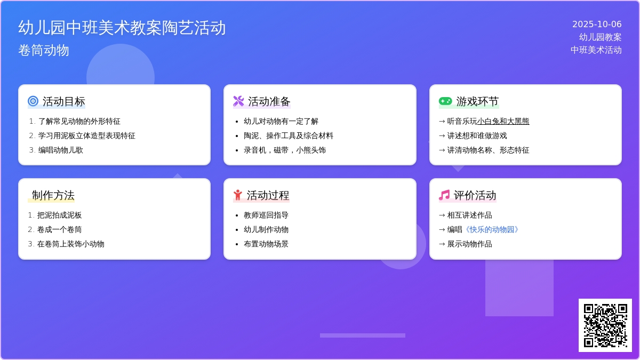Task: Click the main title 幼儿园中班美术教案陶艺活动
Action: coord(122,28)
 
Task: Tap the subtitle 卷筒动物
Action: coord(44,50)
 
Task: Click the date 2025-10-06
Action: coord(597,25)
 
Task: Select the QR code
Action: coord(605,325)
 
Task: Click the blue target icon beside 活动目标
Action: coord(33,101)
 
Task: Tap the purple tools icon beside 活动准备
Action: coord(238,101)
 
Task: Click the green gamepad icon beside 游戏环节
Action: coord(445,101)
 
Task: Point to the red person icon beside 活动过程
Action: coord(237,195)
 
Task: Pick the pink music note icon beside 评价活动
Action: coord(444,195)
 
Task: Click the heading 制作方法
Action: coord(53,195)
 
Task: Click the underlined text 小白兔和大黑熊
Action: coord(503,122)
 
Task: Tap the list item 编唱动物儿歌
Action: coord(61,150)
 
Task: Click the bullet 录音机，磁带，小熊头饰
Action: coord(285,150)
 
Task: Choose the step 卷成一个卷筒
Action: coord(59,230)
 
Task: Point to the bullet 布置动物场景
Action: coord(266,244)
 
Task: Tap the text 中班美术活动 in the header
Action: coord(596,50)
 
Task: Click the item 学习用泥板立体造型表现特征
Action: coord(86,135)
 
